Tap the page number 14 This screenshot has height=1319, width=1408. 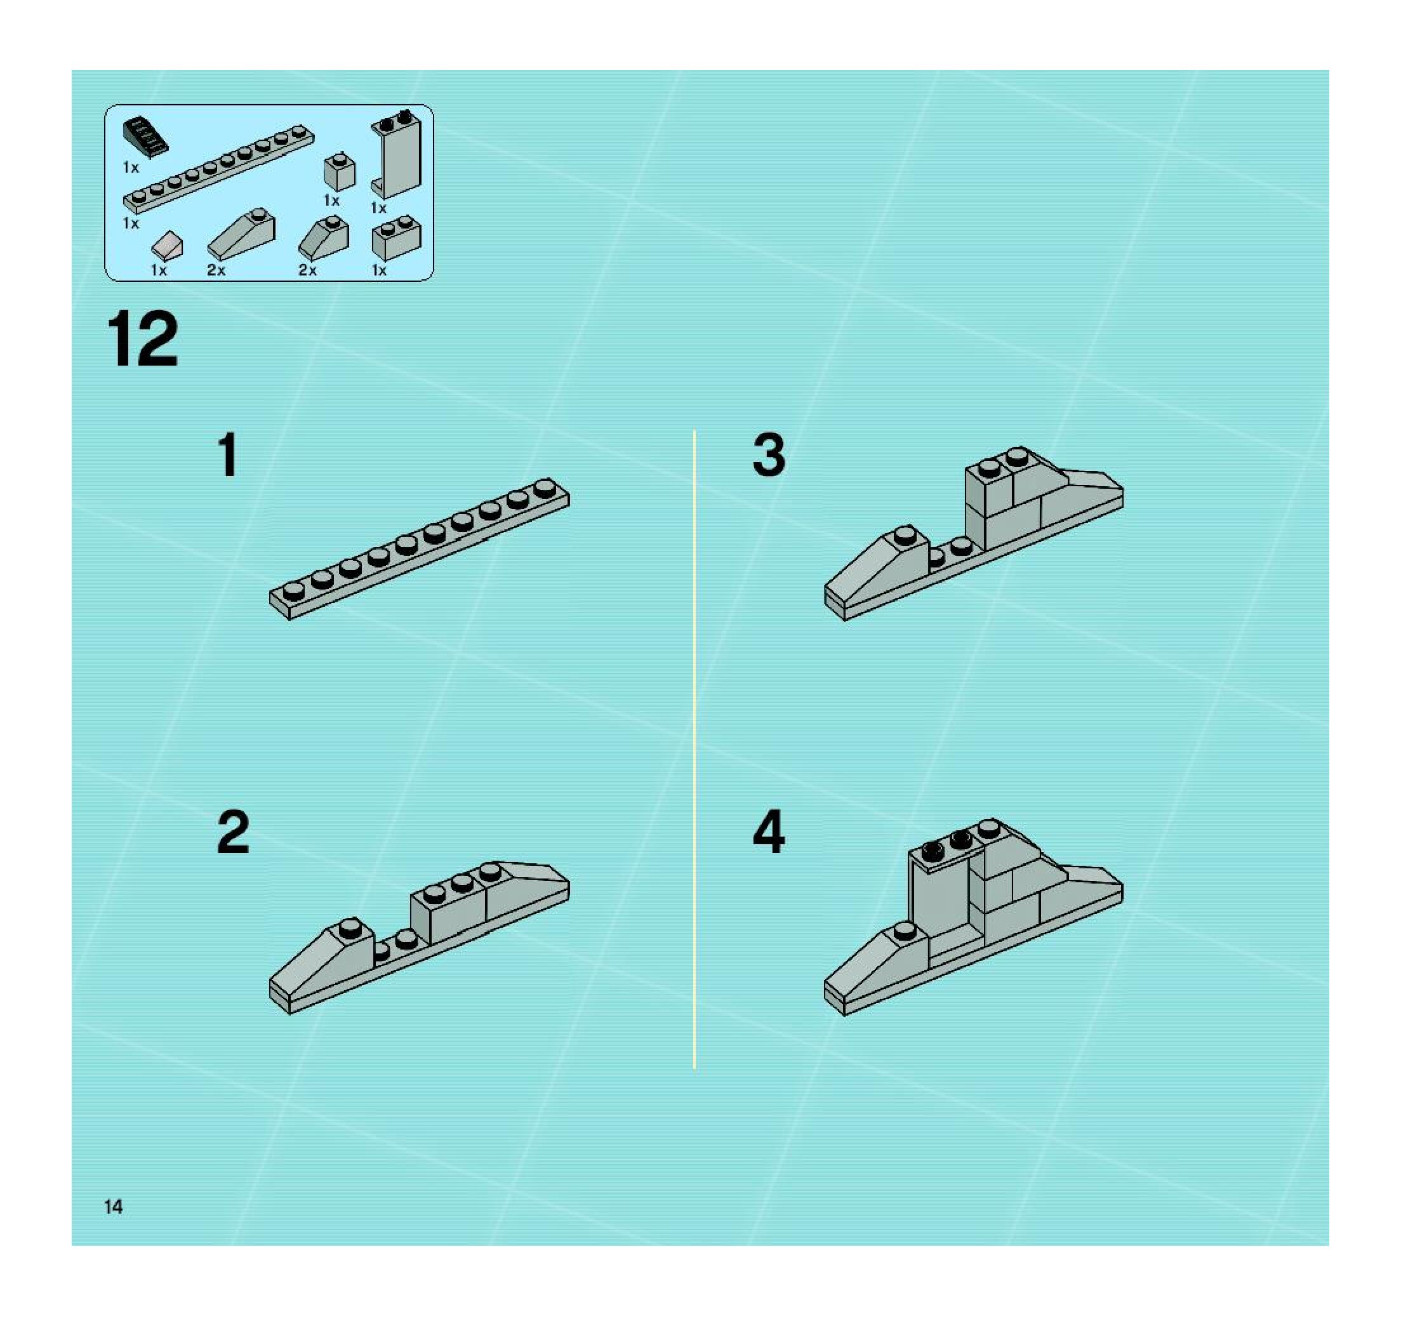[x=114, y=1207]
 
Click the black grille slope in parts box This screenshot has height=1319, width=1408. [x=146, y=136]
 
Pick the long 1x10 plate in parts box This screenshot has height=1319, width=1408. [x=218, y=170]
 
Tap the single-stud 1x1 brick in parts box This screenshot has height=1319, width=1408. [x=339, y=172]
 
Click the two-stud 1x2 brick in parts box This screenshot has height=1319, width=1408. [x=397, y=238]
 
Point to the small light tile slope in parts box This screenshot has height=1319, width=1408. [x=167, y=246]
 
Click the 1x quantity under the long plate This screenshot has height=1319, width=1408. [x=131, y=223]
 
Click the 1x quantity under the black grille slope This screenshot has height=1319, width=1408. [x=131, y=168]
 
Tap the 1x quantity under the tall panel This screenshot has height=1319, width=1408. [x=379, y=208]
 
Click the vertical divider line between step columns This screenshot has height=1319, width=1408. [x=694, y=749]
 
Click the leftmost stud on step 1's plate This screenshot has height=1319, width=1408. [x=293, y=590]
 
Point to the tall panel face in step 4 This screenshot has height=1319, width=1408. [x=940, y=898]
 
